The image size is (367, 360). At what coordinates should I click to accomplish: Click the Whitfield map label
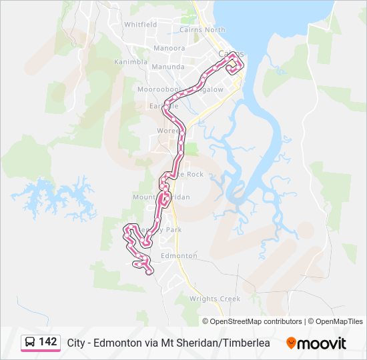[140, 25]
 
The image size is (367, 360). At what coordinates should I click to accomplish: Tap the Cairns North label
[202, 29]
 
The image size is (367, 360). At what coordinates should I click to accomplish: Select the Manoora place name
[169, 48]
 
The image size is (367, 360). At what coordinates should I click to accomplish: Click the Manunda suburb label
[167, 67]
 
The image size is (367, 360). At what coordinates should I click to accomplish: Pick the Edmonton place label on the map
[179, 255]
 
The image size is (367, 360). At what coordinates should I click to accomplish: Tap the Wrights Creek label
[215, 299]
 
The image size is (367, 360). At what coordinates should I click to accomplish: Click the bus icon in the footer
[30, 343]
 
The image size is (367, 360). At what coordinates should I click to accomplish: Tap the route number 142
[48, 342]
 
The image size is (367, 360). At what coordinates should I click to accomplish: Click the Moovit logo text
[322, 343]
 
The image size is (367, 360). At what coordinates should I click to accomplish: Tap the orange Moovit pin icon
[291, 343]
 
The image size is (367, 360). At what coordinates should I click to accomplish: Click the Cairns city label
[230, 53]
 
